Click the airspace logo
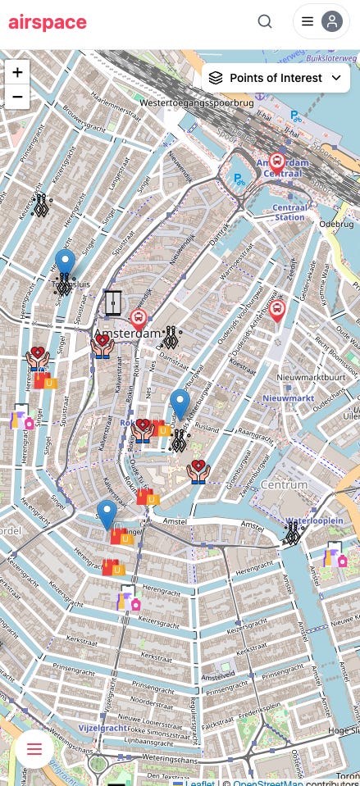pyautogui.click(x=48, y=22)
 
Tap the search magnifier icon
pyautogui.click(x=265, y=22)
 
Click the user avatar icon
pyautogui.click(x=331, y=22)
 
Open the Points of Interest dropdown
pyautogui.click(x=276, y=78)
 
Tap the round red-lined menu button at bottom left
pyautogui.click(x=34, y=748)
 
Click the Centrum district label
pyautogui.click(x=284, y=485)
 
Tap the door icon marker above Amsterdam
pyautogui.click(x=113, y=303)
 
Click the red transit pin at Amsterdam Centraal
pyautogui.click(x=277, y=162)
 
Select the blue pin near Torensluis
pyautogui.click(x=66, y=264)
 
